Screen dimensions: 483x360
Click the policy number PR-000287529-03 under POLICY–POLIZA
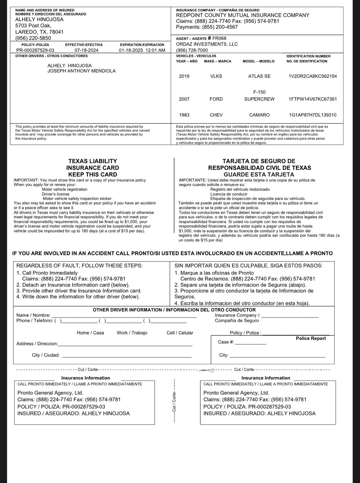pos(35,50)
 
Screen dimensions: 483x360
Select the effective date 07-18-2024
pos(86,50)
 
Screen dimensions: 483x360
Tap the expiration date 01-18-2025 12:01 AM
pos(142,50)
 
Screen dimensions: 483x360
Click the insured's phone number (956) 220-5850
pos(33,38)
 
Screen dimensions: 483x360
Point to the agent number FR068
pos(219,38)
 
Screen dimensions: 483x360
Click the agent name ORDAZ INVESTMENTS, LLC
pos(207,44)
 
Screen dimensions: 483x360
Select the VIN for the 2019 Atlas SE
pos(313,76)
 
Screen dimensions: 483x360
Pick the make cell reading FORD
pos(216,99)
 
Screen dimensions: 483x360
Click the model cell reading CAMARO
pos(259,115)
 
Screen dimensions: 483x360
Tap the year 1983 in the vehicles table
pos(184,115)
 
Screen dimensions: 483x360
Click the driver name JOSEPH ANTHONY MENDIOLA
pos(82,71)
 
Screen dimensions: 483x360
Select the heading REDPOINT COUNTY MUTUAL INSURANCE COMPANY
pos(243,15)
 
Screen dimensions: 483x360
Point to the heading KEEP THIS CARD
pos(92,174)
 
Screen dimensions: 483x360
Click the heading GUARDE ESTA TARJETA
pos(259,174)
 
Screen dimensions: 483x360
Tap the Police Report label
pos(311,338)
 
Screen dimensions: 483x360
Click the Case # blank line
pos(251,344)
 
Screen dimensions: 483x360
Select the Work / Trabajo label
pos(132,333)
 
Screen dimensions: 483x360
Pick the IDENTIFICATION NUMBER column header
pos(308,56)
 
